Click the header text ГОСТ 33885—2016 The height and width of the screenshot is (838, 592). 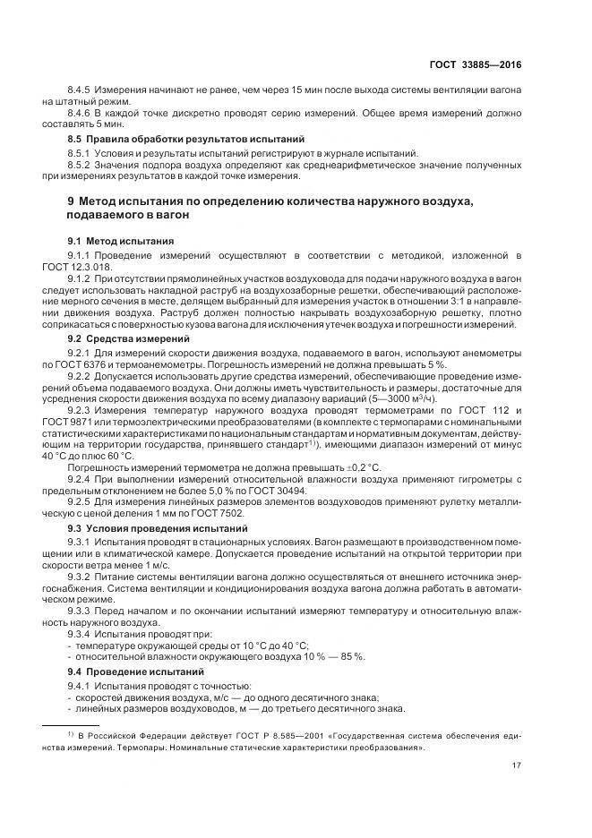click(476, 64)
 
